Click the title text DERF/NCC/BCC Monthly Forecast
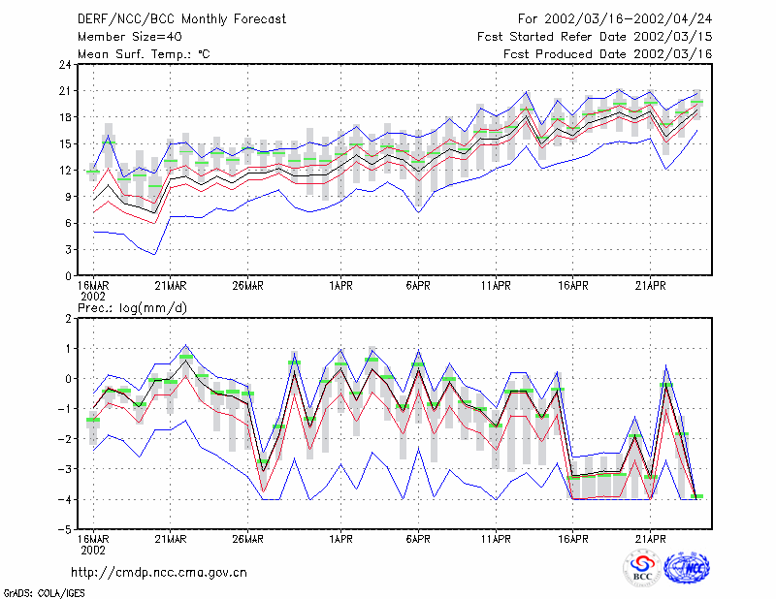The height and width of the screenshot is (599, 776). coord(181,19)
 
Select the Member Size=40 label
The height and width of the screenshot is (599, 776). coord(130,37)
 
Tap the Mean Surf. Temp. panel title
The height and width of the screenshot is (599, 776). coord(144,54)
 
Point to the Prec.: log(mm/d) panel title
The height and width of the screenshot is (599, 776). coord(132,308)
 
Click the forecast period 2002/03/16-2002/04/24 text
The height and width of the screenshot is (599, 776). coord(615,19)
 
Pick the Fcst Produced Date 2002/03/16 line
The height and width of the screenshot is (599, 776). coord(608,54)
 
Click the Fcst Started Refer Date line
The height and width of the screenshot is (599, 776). coord(595,37)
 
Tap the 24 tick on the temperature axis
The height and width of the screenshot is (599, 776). coord(66,65)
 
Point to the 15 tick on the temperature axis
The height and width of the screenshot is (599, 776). coord(66,144)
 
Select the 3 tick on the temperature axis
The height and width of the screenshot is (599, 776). coord(69,250)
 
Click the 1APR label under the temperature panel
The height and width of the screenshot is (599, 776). coord(340,286)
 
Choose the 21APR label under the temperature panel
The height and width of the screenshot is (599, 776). coord(650,286)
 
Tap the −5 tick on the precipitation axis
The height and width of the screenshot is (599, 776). coord(65,530)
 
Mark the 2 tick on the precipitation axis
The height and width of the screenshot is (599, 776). coord(69,319)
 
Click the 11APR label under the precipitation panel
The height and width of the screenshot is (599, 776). coord(496,539)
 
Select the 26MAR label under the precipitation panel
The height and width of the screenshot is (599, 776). coord(247,539)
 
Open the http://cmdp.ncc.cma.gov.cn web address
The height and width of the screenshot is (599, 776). coord(159,573)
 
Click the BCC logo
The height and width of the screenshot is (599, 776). coord(642,568)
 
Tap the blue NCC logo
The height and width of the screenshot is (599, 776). coord(687,568)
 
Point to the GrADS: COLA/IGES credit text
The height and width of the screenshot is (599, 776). coord(44,593)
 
